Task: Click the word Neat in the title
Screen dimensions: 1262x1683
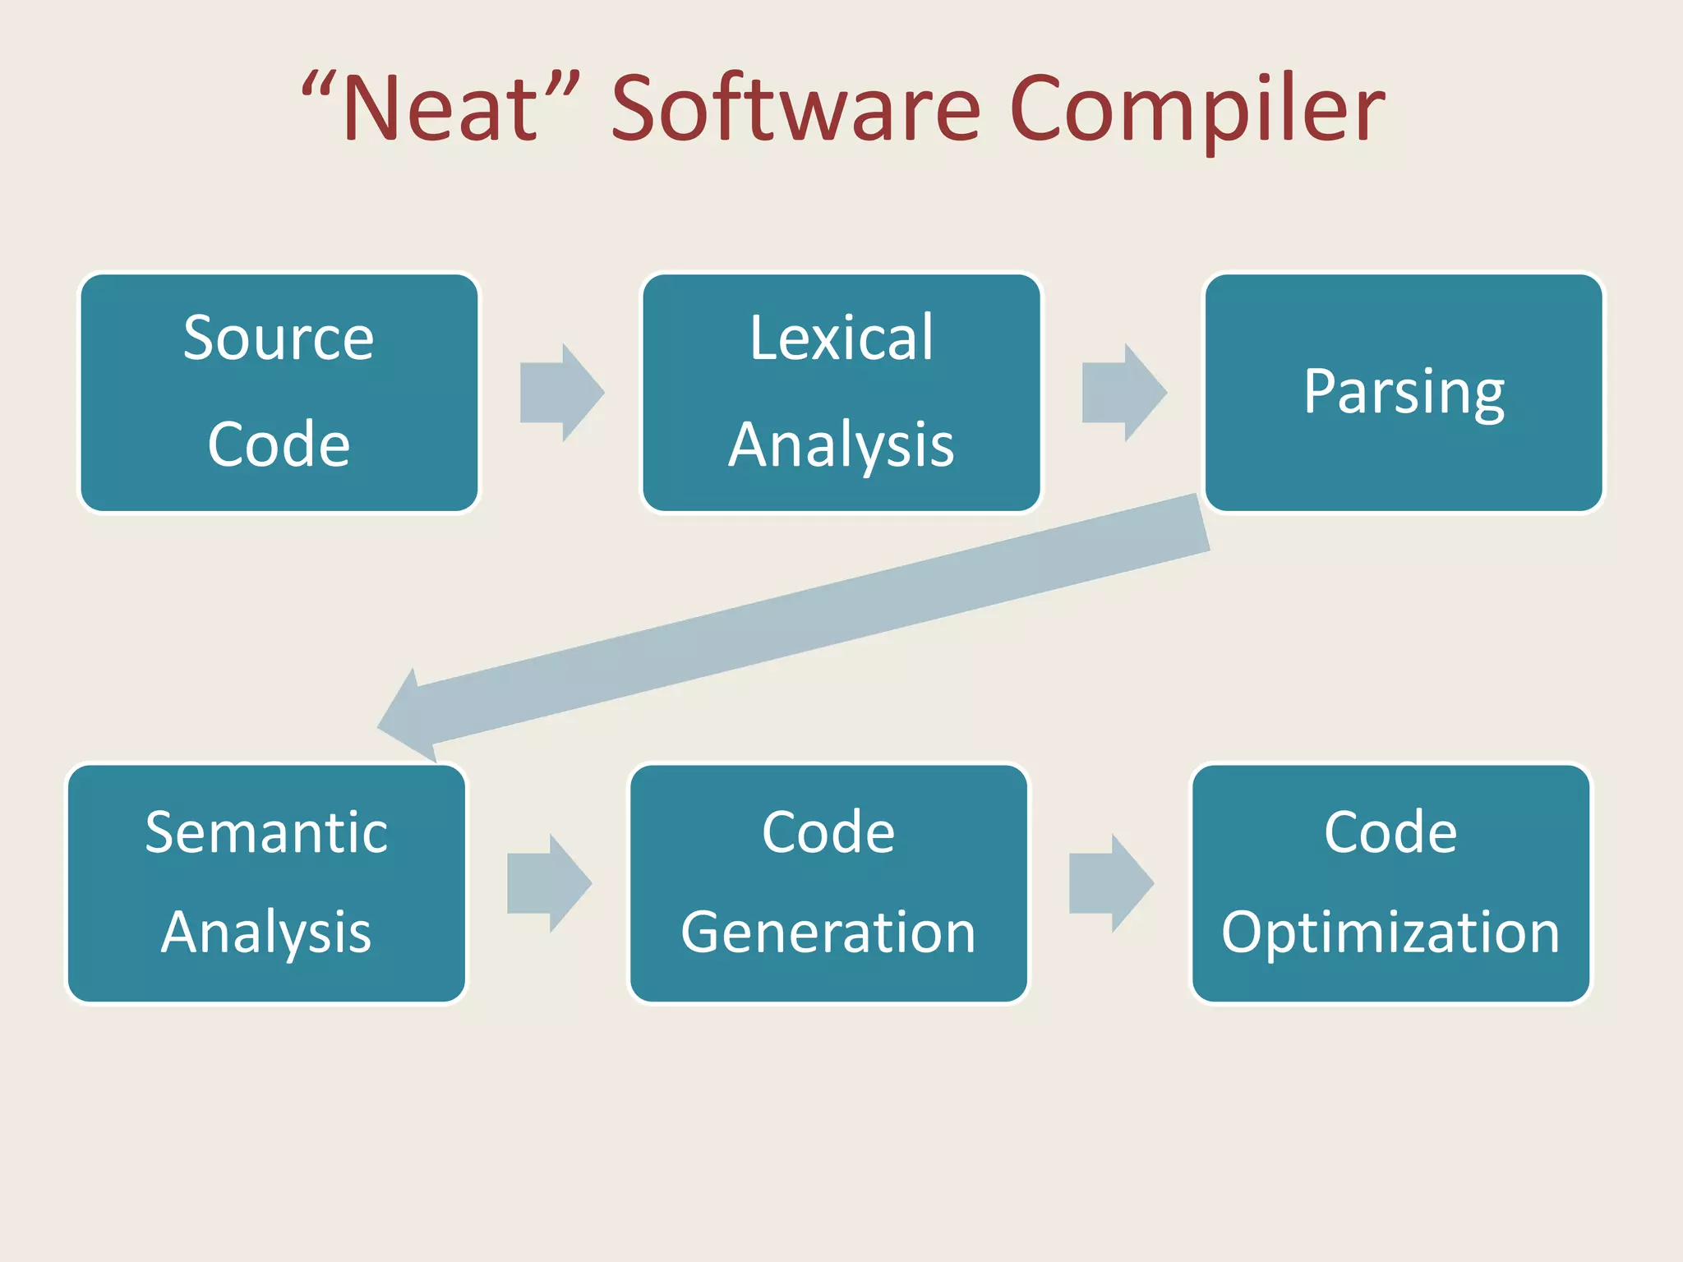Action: pyautogui.click(x=440, y=109)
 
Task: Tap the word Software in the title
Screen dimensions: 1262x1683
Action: pyautogui.click(x=795, y=109)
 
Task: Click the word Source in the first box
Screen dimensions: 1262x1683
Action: pyautogui.click(x=279, y=338)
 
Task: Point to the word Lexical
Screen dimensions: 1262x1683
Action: pyautogui.click(x=841, y=338)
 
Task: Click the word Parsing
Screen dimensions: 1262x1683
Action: pyautogui.click(x=1404, y=393)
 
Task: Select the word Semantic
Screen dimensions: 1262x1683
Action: pyautogui.click(x=266, y=832)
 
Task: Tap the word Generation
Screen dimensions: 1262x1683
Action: pyautogui.click(x=828, y=933)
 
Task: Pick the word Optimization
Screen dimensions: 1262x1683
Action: pyautogui.click(x=1390, y=933)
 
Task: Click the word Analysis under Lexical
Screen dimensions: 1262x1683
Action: pyautogui.click(x=841, y=445)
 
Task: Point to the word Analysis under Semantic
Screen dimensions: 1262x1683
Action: pyautogui.click(x=266, y=933)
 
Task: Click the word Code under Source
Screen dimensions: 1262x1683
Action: pyautogui.click(x=279, y=444)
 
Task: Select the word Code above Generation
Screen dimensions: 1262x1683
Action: pyautogui.click(x=828, y=832)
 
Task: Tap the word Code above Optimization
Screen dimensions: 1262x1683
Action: pyautogui.click(x=1390, y=832)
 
